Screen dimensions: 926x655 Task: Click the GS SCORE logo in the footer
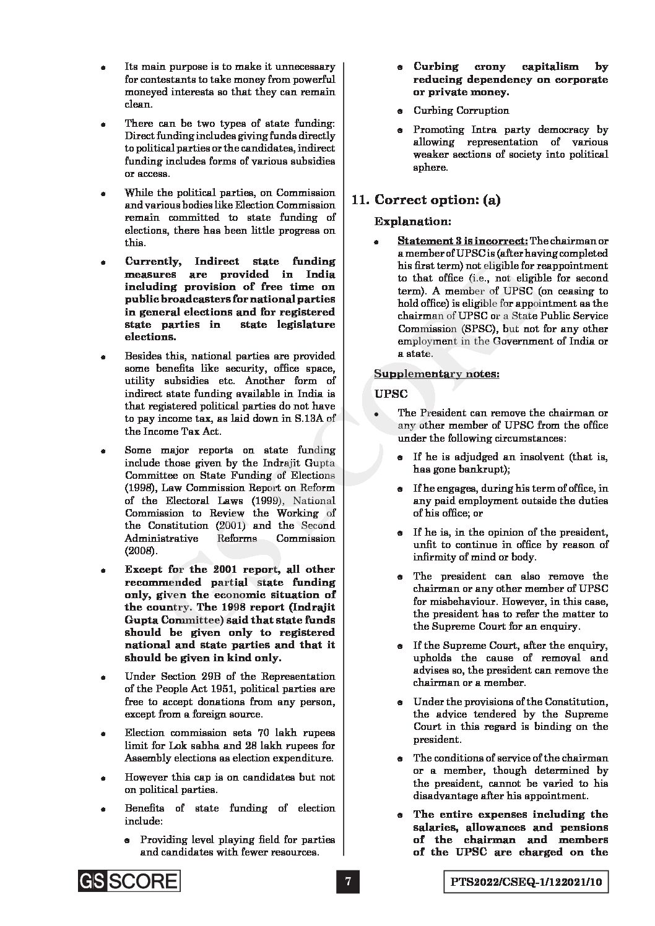tap(129, 881)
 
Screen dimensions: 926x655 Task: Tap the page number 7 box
tap(349, 881)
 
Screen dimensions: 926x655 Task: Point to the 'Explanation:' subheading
tap(412, 221)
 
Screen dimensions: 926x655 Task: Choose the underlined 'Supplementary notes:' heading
tap(436, 374)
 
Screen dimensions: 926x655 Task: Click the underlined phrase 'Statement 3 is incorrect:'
tap(462, 240)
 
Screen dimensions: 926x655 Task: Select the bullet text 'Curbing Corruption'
tap(461, 111)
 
